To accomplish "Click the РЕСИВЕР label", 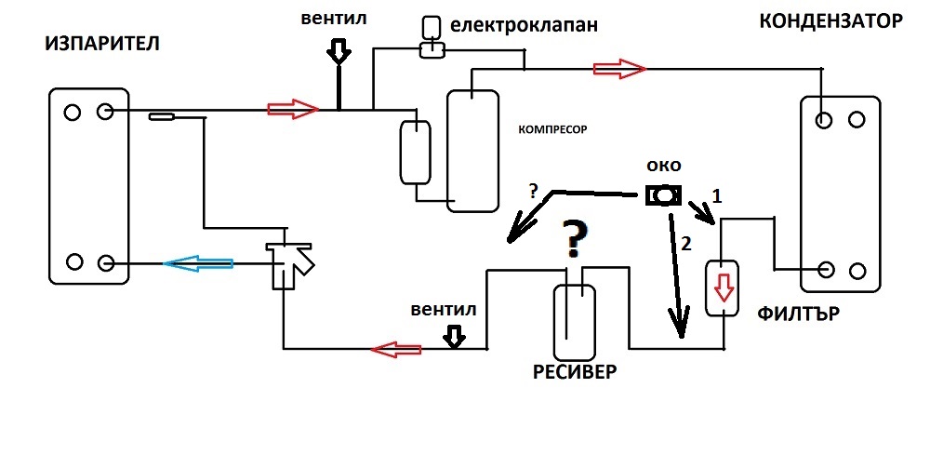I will point(575,372).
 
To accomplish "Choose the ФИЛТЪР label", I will point(799,314).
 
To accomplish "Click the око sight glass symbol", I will point(663,195).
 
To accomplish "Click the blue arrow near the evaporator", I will point(199,264).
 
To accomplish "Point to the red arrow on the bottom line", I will point(396,350).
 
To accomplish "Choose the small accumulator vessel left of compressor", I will point(415,151).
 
